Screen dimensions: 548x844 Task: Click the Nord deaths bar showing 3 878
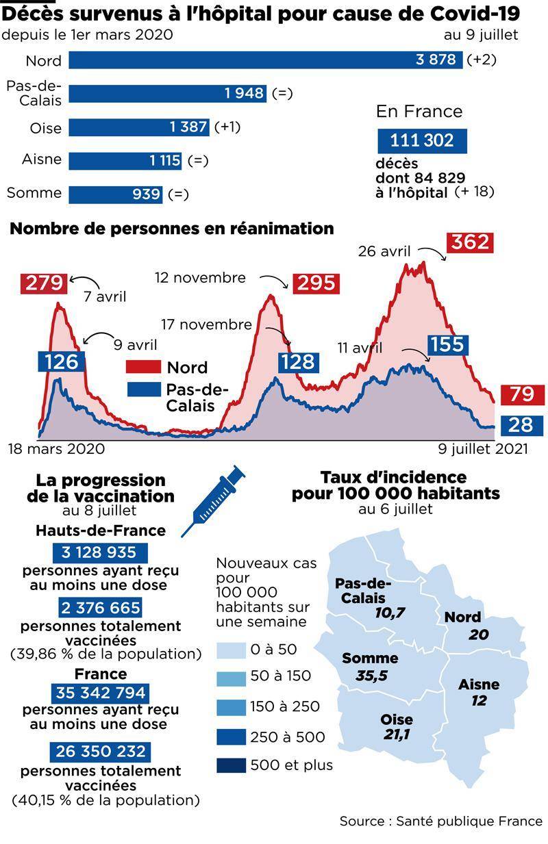click(x=266, y=60)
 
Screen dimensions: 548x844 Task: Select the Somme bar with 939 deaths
click(x=115, y=194)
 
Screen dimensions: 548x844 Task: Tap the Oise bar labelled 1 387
click(x=139, y=127)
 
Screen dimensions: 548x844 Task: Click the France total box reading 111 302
click(x=422, y=140)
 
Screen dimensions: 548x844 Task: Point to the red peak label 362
click(x=470, y=242)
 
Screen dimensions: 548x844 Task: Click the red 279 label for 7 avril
click(x=44, y=283)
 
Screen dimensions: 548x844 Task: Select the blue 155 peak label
click(x=448, y=345)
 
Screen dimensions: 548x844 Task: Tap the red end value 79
click(x=523, y=394)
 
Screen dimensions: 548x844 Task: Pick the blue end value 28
click(x=521, y=425)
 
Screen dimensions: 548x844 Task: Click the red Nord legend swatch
click(x=143, y=367)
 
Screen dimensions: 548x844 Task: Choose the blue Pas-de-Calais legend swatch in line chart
click(x=144, y=389)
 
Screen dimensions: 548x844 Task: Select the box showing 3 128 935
click(x=99, y=553)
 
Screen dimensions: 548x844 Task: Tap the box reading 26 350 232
click(x=100, y=752)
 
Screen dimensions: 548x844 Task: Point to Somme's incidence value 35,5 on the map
click(x=371, y=676)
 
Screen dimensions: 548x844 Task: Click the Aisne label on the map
click(x=479, y=685)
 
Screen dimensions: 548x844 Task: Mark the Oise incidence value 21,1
click(x=397, y=734)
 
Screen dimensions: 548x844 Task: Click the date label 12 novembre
click(x=200, y=278)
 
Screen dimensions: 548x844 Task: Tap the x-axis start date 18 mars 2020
click(x=57, y=449)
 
